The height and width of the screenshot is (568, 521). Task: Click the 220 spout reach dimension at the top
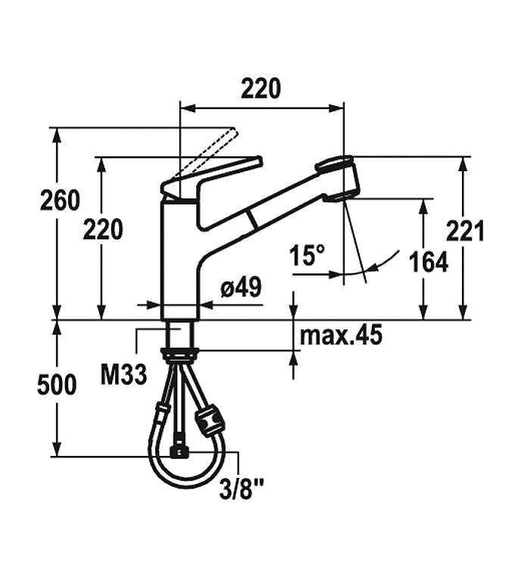click(x=260, y=88)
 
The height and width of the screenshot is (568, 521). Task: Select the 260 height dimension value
click(x=60, y=201)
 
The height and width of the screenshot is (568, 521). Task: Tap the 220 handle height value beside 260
click(x=103, y=229)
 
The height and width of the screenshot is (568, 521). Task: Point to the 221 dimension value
click(x=465, y=231)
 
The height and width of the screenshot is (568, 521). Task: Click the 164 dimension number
click(x=429, y=262)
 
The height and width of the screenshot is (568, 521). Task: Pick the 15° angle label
click(x=307, y=254)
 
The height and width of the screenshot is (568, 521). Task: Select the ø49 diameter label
click(x=242, y=288)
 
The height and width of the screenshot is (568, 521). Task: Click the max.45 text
click(x=341, y=335)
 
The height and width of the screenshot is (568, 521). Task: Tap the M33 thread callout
click(x=123, y=374)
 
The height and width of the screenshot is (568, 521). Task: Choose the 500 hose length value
click(x=57, y=385)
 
